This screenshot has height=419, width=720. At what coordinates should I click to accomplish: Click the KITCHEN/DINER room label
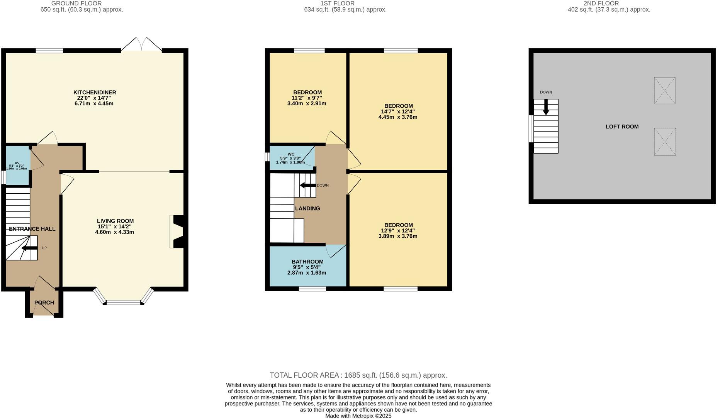click(x=95, y=93)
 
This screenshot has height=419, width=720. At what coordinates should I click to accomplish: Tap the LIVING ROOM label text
click(x=115, y=221)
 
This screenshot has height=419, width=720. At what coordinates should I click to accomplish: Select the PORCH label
click(x=44, y=302)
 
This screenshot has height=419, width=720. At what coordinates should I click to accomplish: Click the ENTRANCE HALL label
click(x=32, y=229)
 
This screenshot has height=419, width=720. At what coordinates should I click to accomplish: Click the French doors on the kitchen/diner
click(x=141, y=45)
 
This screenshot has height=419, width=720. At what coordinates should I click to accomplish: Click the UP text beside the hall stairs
click(x=44, y=248)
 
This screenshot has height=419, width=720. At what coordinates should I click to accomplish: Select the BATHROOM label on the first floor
click(x=307, y=262)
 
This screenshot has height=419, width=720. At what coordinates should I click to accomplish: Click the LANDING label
click(x=307, y=208)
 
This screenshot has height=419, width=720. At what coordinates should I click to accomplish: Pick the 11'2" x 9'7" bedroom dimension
click(x=307, y=98)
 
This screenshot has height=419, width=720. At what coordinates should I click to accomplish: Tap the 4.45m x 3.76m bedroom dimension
click(x=398, y=117)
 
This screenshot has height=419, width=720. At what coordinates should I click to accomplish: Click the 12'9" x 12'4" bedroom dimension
click(x=398, y=231)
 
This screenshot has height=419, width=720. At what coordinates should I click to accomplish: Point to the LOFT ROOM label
click(x=622, y=127)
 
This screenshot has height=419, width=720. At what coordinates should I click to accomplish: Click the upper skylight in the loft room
click(x=664, y=91)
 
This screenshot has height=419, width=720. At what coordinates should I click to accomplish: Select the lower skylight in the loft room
click(x=665, y=142)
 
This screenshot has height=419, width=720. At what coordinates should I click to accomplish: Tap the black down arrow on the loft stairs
click(x=546, y=107)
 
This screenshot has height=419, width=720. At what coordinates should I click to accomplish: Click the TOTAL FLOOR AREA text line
click(x=358, y=375)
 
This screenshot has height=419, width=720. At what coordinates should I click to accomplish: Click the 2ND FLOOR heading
click(x=609, y=3)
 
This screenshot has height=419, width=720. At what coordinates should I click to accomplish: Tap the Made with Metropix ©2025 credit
click(x=358, y=416)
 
